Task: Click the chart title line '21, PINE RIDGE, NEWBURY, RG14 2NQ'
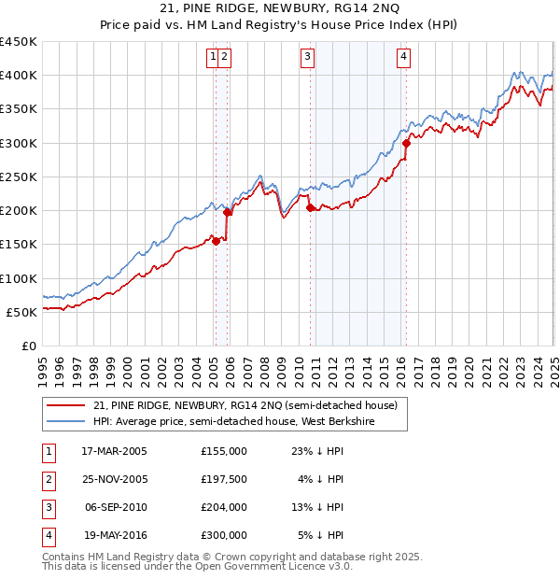[x=279, y=8]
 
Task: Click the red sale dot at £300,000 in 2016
[x=407, y=143]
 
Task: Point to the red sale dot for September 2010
[x=310, y=208]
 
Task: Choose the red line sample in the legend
[x=65, y=405]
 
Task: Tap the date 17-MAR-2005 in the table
[x=114, y=451]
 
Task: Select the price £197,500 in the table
[x=224, y=479]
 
